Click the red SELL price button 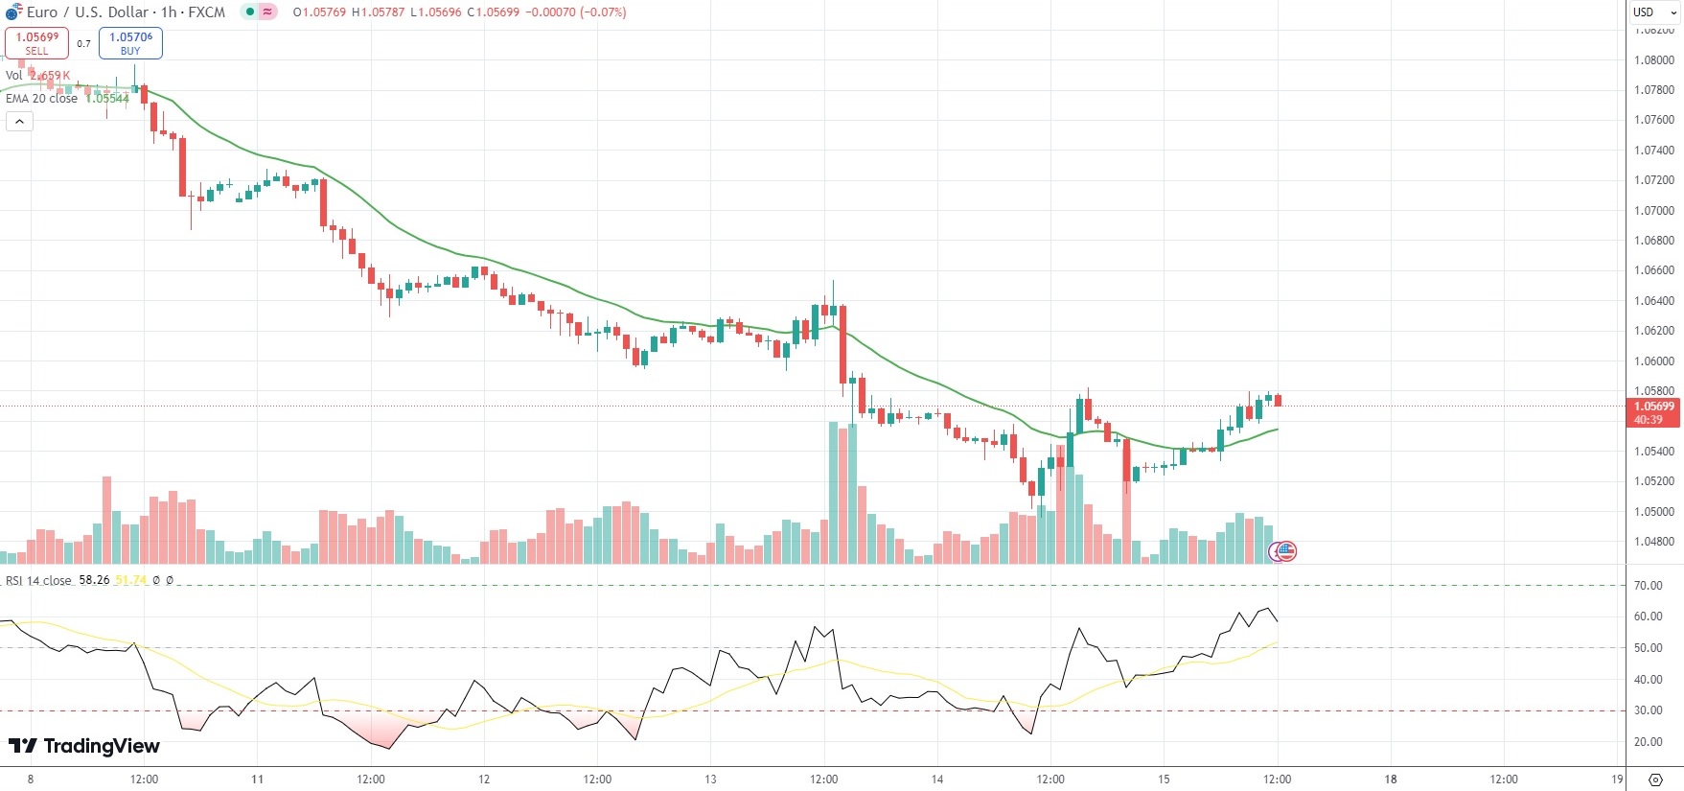(36, 43)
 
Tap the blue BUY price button (130, 43)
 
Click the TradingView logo (84, 746)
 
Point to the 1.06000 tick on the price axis (1654, 361)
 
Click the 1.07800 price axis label (1654, 90)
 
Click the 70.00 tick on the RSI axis (1649, 586)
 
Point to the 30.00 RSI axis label (1649, 710)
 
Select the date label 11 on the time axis (257, 779)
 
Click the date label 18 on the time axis (1391, 779)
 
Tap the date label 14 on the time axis (937, 779)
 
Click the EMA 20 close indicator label (41, 99)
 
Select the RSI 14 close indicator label (38, 581)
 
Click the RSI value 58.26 (94, 581)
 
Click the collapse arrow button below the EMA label (19, 122)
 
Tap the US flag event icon (1283, 551)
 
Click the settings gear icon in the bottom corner (1654, 779)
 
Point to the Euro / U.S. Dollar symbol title (87, 12)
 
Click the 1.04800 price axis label (1654, 542)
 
